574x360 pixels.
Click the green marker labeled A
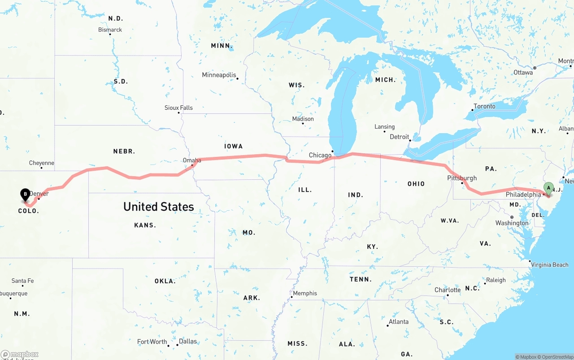click(548, 188)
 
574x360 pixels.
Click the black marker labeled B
click(26, 195)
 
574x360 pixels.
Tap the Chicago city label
click(320, 155)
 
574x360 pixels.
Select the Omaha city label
click(192, 160)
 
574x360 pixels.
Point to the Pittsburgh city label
click(462, 178)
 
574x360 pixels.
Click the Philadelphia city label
click(523, 195)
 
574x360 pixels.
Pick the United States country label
click(159, 207)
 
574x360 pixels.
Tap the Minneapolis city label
click(219, 75)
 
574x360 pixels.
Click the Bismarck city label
click(110, 30)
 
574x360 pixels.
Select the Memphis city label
click(305, 293)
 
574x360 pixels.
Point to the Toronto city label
click(484, 106)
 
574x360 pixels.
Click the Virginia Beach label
click(550, 265)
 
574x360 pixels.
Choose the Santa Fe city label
click(22, 281)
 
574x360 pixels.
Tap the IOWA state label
click(233, 146)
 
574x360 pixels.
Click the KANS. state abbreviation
click(145, 225)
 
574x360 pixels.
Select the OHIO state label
click(416, 184)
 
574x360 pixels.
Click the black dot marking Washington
click(512, 217)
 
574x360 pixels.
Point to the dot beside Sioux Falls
click(178, 113)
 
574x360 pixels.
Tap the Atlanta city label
click(398, 321)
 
